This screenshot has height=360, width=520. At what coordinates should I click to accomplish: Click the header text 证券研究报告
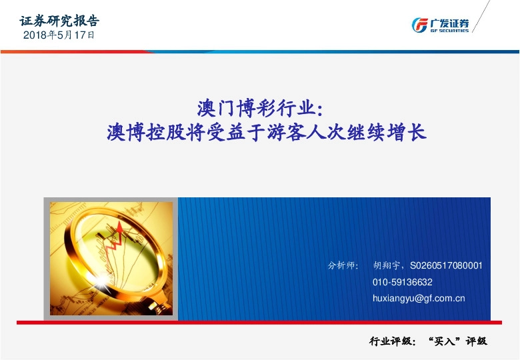pyautogui.click(x=59, y=21)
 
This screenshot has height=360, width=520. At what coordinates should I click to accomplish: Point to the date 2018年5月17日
pyautogui.click(x=59, y=36)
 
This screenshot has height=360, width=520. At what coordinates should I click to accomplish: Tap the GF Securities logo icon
pyautogui.click(x=421, y=25)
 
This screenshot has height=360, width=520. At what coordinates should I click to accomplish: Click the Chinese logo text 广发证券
pyautogui.click(x=450, y=22)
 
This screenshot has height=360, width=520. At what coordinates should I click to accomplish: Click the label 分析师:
pyautogui.click(x=343, y=265)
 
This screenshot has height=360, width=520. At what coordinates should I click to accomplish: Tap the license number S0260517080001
pyautogui.click(x=446, y=265)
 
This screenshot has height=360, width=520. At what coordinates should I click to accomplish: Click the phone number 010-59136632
pyautogui.click(x=403, y=282)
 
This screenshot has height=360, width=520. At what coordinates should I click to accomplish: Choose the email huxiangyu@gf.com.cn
pyautogui.click(x=419, y=299)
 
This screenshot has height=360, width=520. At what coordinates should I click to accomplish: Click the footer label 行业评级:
pyautogui.click(x=393, y=341)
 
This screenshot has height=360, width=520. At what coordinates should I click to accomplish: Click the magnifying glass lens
pyautogui.click(x=113, y=240)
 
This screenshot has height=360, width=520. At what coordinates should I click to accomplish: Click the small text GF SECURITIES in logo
pyautogui.click(x=450, y=30)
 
